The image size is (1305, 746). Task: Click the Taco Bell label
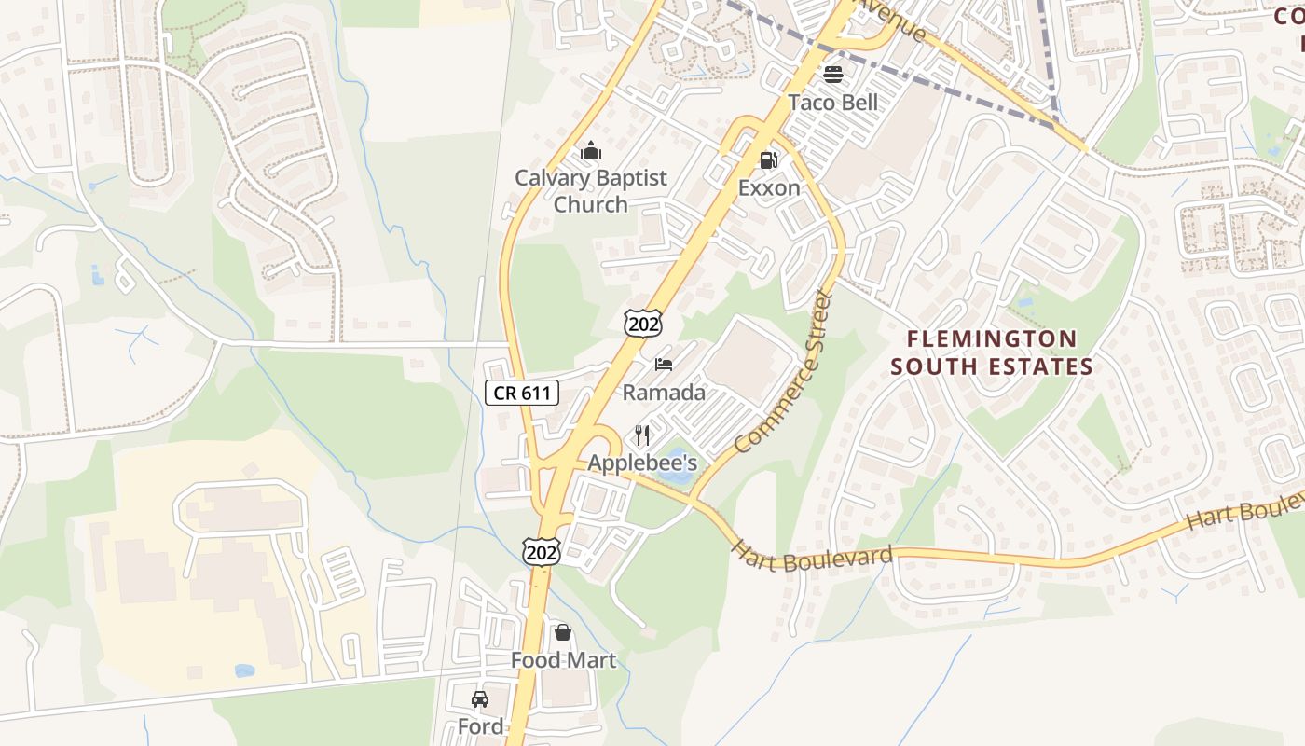coord(832,103)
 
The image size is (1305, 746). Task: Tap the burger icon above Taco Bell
coord(832,74)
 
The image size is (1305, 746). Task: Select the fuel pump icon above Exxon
coord(768,160)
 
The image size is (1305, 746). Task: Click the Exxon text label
coord(769,188)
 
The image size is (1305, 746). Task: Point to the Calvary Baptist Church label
coord(591,191)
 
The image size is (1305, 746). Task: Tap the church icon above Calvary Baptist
coord(591,150)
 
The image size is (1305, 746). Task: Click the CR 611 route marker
coord(522,393)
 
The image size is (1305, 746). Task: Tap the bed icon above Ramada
coord(664,364)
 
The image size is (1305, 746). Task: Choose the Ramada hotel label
coord(664,393)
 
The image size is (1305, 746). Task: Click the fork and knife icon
coord(642,435)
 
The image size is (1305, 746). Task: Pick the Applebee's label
coord(642,463)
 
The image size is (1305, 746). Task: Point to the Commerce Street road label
coord(782,373)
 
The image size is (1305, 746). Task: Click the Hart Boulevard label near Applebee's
coord(812,558)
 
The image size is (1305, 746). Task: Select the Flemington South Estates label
coord(992,352)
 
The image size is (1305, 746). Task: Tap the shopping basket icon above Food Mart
coord(563,632)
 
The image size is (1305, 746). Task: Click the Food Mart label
coord(563,660)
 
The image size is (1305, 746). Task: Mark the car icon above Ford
coord(480,698)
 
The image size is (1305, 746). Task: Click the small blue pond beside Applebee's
coord(675,474)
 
